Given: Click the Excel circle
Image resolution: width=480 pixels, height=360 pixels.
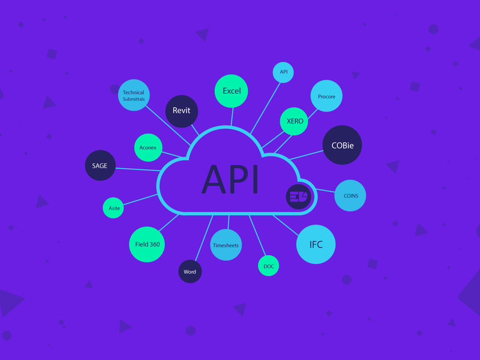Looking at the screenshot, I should (x=232, y=91).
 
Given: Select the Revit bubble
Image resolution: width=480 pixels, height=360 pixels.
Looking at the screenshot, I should (x=181, y=111).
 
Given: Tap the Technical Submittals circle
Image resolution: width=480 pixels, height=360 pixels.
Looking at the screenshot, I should (x=133, y=95).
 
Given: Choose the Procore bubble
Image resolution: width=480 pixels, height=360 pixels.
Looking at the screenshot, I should (x=326, y=96).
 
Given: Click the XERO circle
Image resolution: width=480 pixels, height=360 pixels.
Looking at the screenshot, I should (x=295, y=121).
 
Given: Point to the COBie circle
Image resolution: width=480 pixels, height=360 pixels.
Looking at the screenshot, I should (x=343, y=145).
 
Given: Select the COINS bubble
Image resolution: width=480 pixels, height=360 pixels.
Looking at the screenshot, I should (x=350, y=196).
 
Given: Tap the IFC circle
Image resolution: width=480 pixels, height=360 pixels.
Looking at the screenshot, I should (x=316, y=244).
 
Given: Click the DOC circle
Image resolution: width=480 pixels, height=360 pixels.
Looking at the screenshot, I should (x=268, y=266).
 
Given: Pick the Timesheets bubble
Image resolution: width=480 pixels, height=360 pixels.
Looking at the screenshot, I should (x=226, y=245).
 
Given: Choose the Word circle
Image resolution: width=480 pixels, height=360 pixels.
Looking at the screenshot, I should (x=190, y=272).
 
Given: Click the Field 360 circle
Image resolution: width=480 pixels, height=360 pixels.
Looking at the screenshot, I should (x=147, y=244).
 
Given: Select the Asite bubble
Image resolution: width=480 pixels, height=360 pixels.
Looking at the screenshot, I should (x=114, y=208).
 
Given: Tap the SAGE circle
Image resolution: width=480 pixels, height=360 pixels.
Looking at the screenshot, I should (x=100, y=165).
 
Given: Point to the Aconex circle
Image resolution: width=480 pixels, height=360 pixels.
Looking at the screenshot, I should (x=148, y=147).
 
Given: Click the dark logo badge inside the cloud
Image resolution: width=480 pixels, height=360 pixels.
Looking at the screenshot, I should (x=298, y=196).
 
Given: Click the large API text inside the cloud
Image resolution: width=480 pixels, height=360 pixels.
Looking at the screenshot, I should (x=230, y=178).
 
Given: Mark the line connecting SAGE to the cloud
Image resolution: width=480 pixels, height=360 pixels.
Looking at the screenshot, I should (x=137, y=168).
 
